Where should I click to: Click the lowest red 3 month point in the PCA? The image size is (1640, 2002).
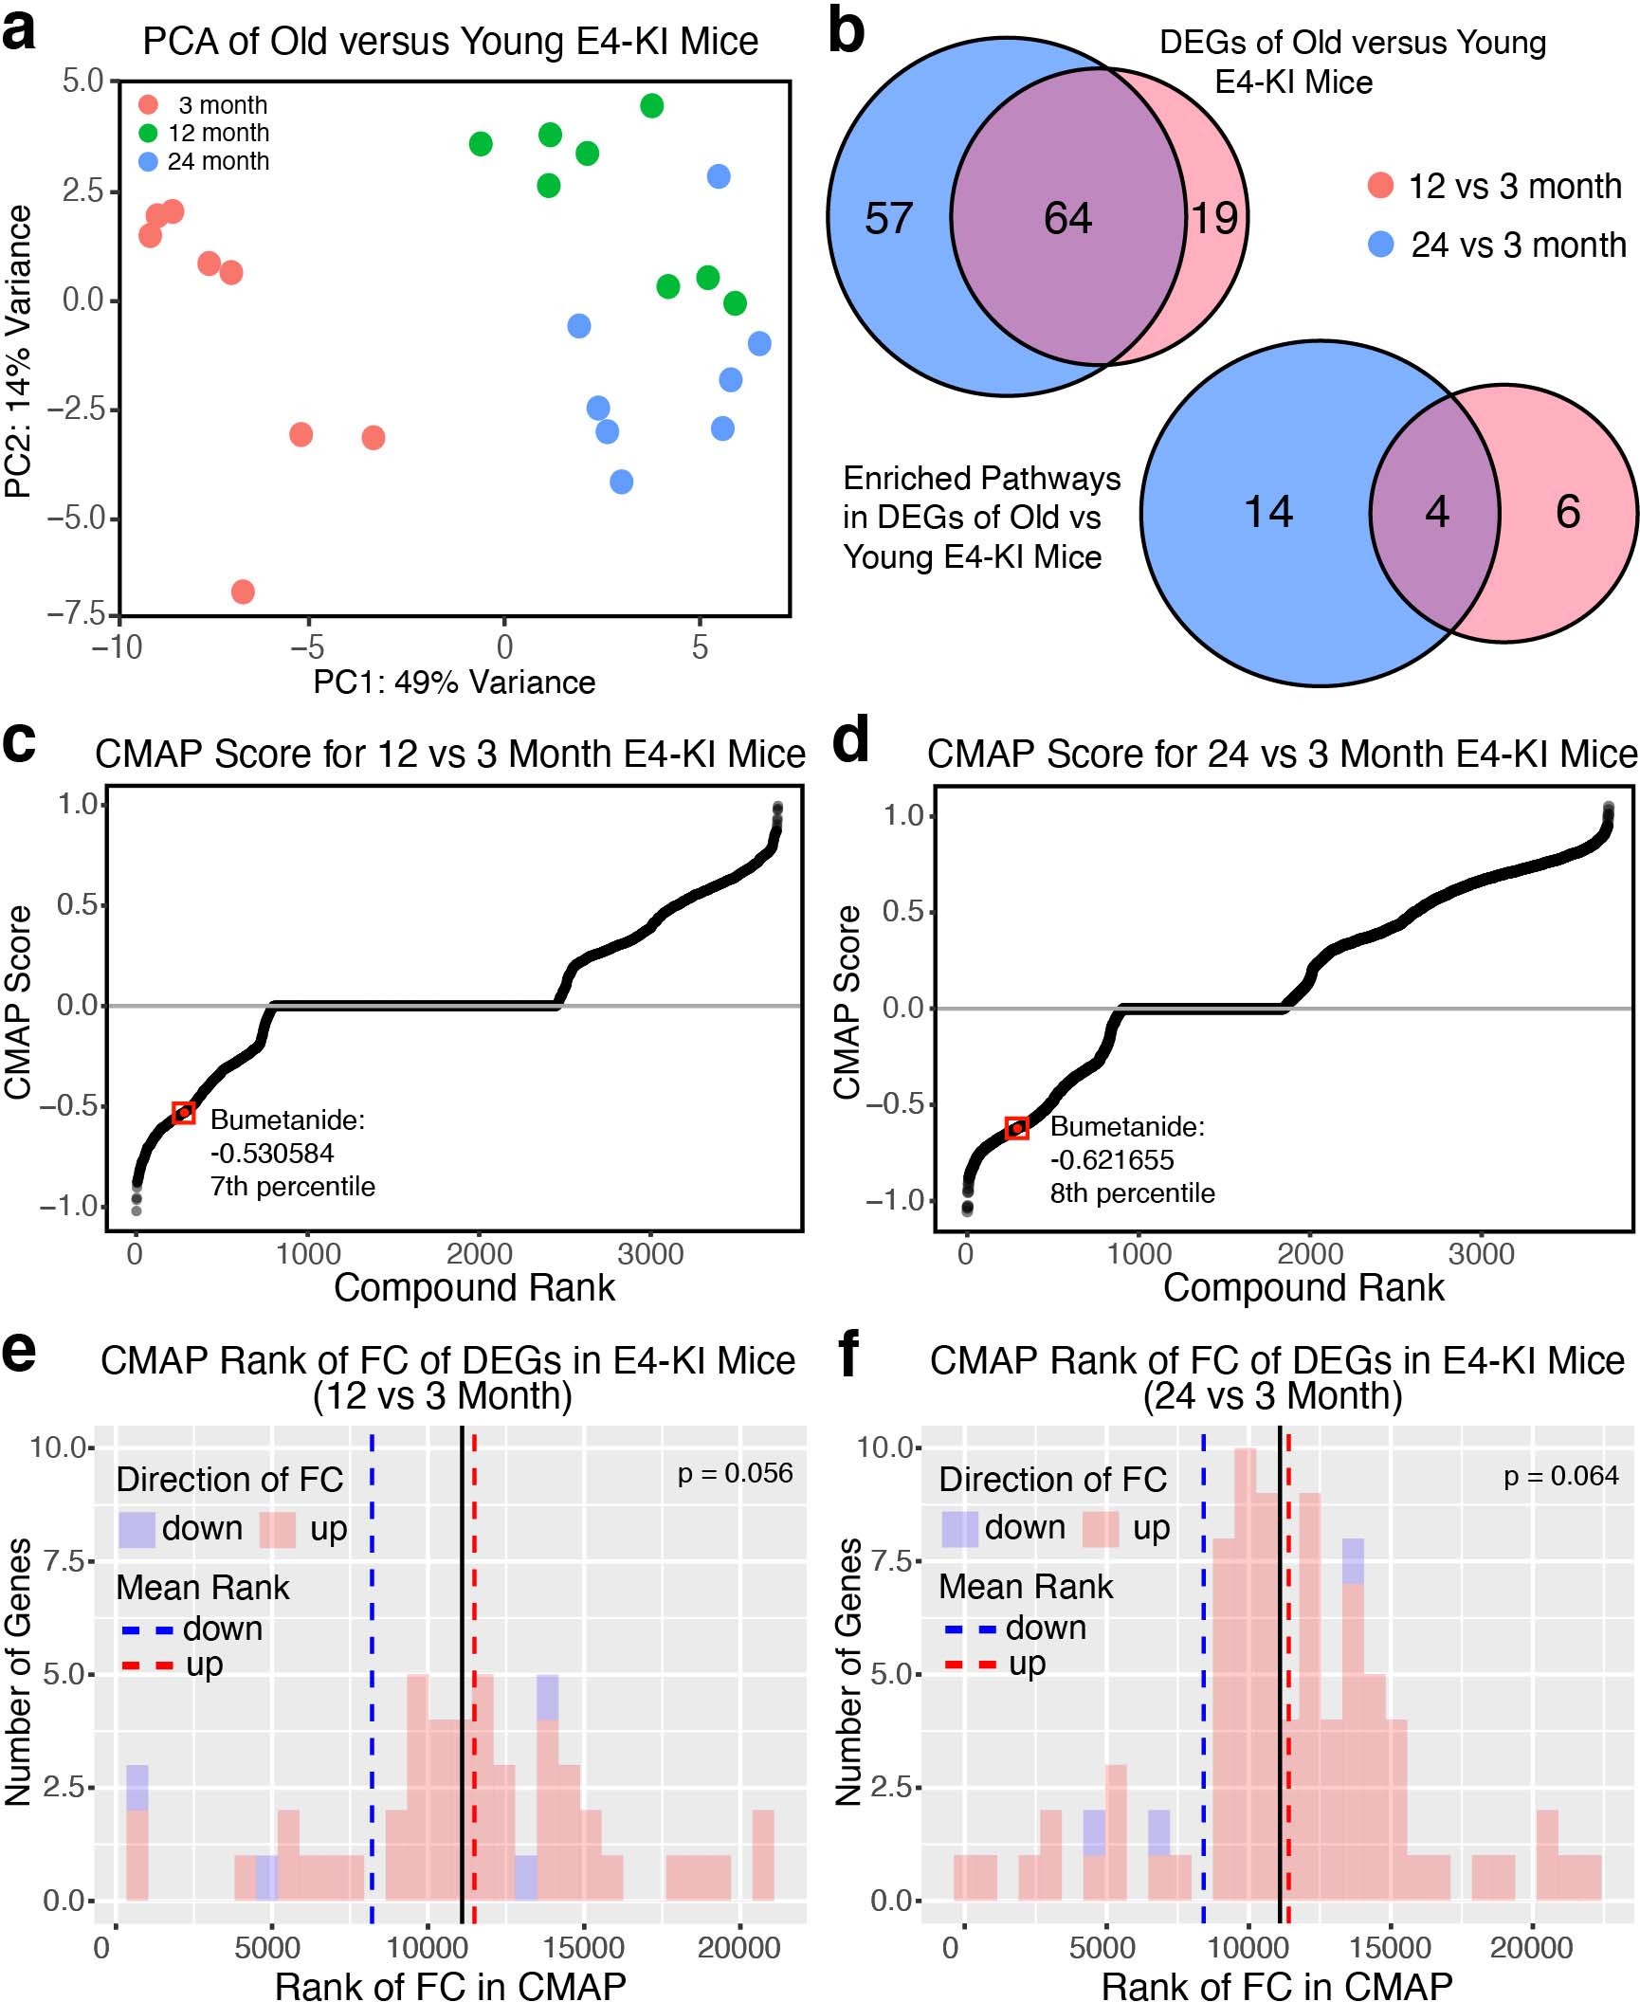click(243, 591)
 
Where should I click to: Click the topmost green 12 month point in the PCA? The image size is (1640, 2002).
click(651, 106)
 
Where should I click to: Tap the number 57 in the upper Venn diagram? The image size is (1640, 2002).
click(888, 219)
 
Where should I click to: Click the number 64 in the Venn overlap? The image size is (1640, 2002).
click(1067, 219)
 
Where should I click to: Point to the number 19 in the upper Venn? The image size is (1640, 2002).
click(1214, 219)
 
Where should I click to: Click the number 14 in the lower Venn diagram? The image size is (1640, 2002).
click(1267, 512)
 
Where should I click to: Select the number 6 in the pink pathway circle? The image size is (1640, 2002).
click(1568, 512)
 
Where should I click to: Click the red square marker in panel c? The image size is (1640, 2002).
click(184, 1113)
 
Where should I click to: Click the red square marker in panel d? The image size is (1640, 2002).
click(1016, 1128)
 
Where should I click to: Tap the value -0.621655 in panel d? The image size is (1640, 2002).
click(1112, 1160)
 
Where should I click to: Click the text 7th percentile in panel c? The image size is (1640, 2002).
click(292, 1187)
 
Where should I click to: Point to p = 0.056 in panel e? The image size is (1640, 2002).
click(735, 1473)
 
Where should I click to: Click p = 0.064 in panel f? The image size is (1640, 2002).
click(1561, 1476)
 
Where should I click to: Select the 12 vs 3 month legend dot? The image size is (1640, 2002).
click(1381, 186)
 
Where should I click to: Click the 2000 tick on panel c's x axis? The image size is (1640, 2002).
click(479, 1254)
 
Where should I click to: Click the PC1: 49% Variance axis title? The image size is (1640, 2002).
click(454, 682)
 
